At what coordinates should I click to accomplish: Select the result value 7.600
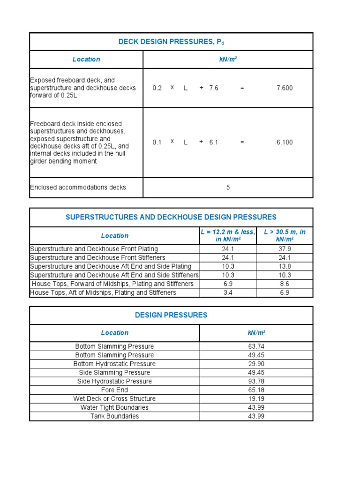pos(285,88)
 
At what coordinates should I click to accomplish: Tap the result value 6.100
pos(285,142)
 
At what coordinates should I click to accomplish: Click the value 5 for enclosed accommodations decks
pos(228,187)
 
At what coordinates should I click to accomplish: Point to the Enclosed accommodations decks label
pos(78,187)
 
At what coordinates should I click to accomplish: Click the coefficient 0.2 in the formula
pos(157,88)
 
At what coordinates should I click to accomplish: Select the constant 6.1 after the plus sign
pos(214,142)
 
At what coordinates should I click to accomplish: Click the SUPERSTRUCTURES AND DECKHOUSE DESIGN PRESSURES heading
pos(171,217)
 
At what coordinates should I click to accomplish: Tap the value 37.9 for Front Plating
pos(285,249)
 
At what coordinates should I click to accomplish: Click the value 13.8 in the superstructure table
pos(285,266)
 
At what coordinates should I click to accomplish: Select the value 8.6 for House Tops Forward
pos(285,284)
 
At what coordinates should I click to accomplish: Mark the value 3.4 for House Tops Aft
pos(228,292)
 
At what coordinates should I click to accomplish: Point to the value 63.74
pos(256,346)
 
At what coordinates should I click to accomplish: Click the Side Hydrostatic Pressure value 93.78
pos(256,381)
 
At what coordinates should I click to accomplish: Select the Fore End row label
pos(114,390)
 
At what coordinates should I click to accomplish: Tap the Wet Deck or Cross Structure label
pos(114,399)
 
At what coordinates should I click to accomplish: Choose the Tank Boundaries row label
pos(114,416)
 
